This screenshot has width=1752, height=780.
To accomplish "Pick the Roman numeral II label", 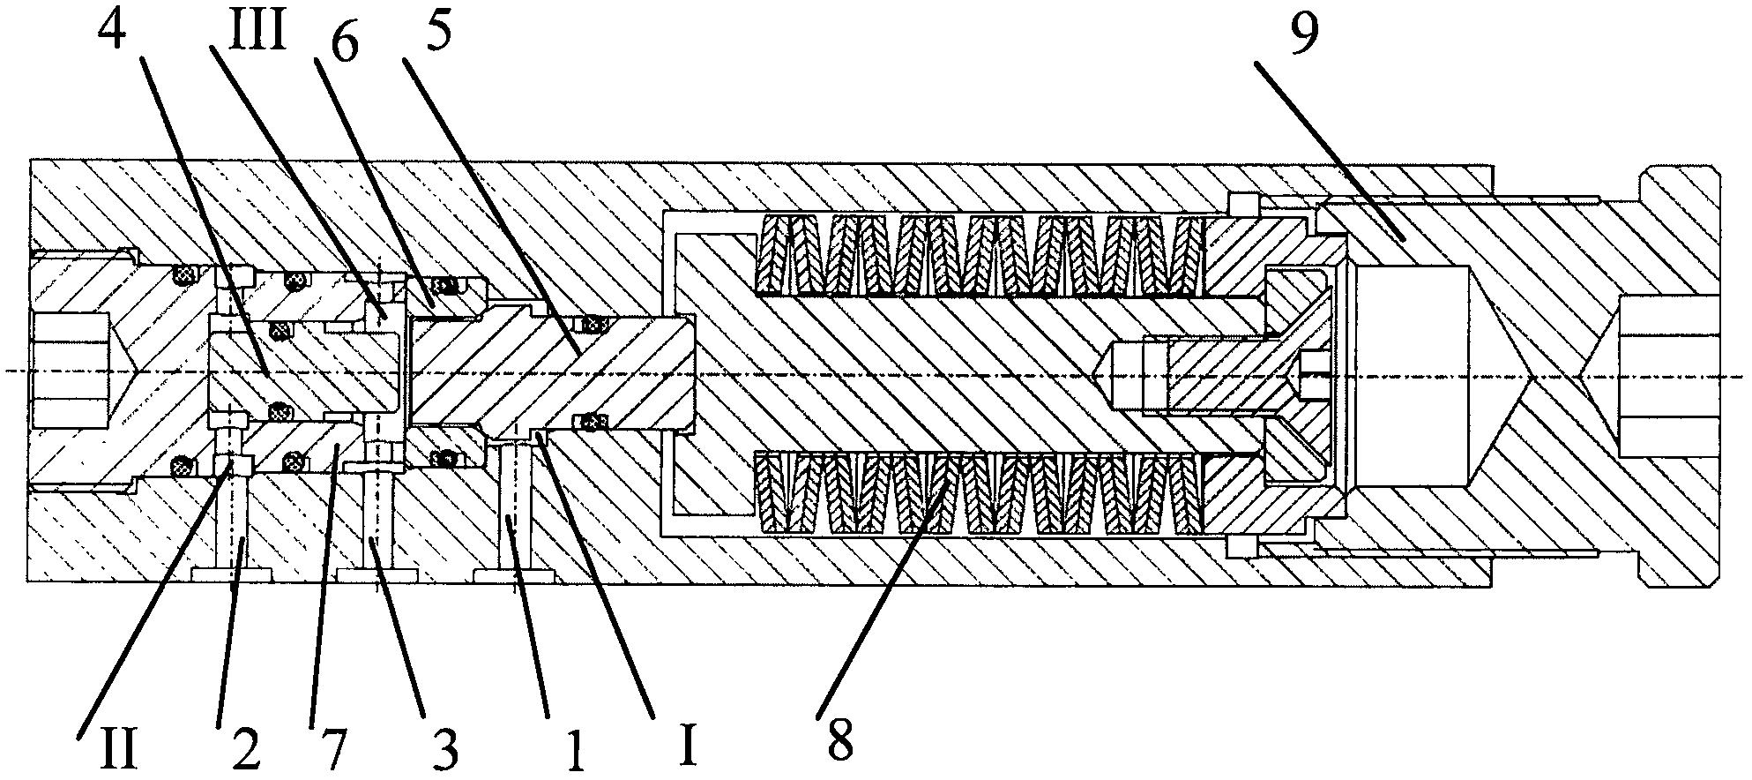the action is pyautogui.click(x=118, y=748).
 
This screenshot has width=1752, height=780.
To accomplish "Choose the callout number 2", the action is pyautogui.click(x=244, y=750).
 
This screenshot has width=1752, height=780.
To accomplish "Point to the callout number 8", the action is pyautogui.click(x=840, y=739).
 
